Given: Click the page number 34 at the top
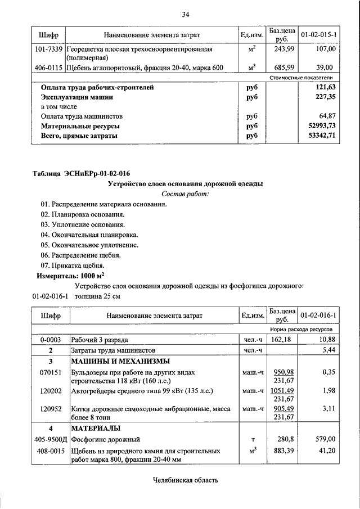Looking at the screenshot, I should point(185,14).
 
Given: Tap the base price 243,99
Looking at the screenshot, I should point(281,49).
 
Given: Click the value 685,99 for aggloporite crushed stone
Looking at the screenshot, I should point(281,67).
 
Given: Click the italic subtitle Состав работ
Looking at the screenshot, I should point(185,194).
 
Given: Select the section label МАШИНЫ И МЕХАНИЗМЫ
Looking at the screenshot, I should point(120,361).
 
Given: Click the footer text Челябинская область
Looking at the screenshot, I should point(185,480).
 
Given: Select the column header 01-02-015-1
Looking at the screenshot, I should point(319,35).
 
